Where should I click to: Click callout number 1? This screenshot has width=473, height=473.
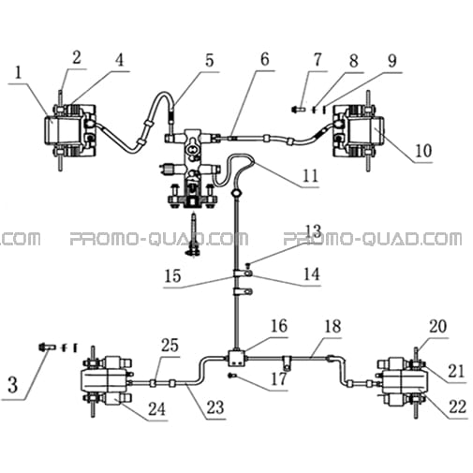click(19, 73)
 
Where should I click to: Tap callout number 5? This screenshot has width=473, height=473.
click(210, 60)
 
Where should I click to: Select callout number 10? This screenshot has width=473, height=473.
click(423, 151)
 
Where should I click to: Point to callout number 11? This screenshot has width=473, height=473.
click(310, 176)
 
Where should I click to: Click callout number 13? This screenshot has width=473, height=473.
click(313, 231)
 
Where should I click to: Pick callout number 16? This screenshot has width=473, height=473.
click(279, 326)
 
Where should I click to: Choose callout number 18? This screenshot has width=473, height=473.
click(333, 326)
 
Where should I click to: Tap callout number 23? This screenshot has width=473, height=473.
click(215, 407)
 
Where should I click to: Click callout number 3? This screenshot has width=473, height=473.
click(12, 385)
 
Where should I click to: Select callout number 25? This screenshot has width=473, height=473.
click(170, 345)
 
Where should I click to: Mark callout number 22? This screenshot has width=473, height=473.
click(457, 406)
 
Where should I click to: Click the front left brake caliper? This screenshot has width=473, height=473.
click(69, 130)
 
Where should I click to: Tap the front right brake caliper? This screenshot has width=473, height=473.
click(359, 131)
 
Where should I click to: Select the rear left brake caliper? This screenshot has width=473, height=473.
click(107, 381)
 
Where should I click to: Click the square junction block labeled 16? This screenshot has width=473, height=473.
click(237, 358)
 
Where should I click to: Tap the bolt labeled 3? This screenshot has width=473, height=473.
click(47, 347)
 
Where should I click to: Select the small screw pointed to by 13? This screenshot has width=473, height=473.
click(248, 265)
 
